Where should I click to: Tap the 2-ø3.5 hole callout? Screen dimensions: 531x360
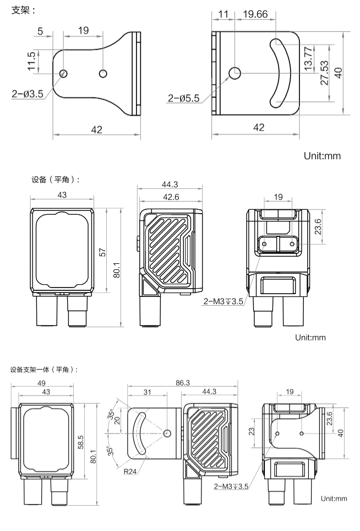click(28, 94)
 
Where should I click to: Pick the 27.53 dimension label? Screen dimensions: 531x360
click(324, 72)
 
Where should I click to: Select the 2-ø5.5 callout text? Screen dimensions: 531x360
click(184, 99)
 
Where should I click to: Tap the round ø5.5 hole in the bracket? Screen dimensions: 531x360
click(235, 72)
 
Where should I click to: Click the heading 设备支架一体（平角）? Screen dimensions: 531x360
click(44, 369)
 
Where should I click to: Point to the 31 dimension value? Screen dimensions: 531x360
click(147, 392)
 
